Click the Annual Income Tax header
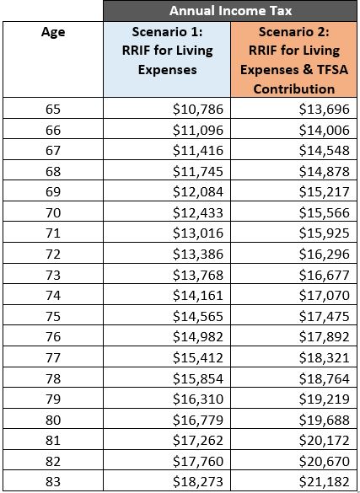click(230, 11)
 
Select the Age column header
click(53, 32)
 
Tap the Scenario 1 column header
click(167, 51)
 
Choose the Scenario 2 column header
click(294, 60)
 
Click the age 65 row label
click(53, 109)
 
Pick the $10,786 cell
click(198, 109)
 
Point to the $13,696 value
click(324, 109)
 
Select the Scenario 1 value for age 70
click(198, 213)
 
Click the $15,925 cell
click(324, 233)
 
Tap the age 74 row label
click(53, 296)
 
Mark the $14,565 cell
click(198, 316)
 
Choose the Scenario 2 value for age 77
click(324, 358)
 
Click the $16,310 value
click(198, 399)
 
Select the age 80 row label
click(53, 420)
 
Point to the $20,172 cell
click(324, 441)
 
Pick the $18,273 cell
click(198, 482)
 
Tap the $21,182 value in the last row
click(324, 482)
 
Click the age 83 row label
click(53, 482)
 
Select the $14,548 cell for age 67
click(324, 151)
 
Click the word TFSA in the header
click(333, 70)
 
